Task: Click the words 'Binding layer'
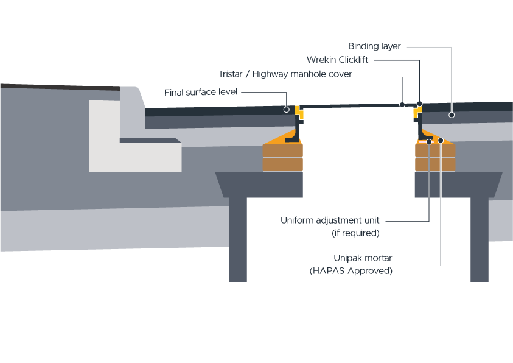[374, 46]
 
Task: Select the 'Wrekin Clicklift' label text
[338, 60]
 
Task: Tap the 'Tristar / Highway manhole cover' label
[285, 74]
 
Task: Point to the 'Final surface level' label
[201, 93]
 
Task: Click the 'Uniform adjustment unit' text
[330, 220]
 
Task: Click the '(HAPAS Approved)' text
[351, 271]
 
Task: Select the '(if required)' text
[355, 233]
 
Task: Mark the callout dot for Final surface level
[286, 110]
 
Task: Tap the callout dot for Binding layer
[452, 114]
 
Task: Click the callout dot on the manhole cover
[402, 104]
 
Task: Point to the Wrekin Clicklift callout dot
[419, 104]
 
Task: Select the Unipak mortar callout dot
[441, 141]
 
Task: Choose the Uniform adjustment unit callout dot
[430, 141]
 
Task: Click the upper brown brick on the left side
[282, 150]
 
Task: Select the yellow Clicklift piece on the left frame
[299, 113]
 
